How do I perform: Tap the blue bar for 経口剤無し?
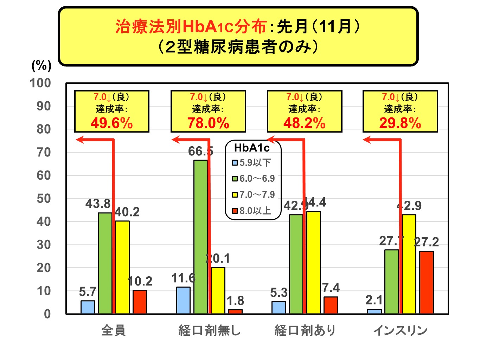tap(183, 300)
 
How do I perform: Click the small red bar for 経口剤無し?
tap(235, 311)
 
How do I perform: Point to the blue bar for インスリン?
tap(374, 311)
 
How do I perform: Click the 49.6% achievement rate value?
tap(111, 123)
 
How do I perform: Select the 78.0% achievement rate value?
tap(208, 123)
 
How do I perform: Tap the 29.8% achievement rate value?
tap(400, 123)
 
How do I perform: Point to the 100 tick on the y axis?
tap(40, 83)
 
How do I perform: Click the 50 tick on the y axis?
tap(44, 199)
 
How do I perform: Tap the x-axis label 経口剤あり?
tap(305, 330)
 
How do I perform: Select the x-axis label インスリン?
tap(400, 330)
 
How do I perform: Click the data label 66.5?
tap(200, 151)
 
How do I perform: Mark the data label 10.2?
tap(140, 281)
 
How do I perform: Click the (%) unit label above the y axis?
tap(41, 65)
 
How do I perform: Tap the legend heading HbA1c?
tap(252, 148)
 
